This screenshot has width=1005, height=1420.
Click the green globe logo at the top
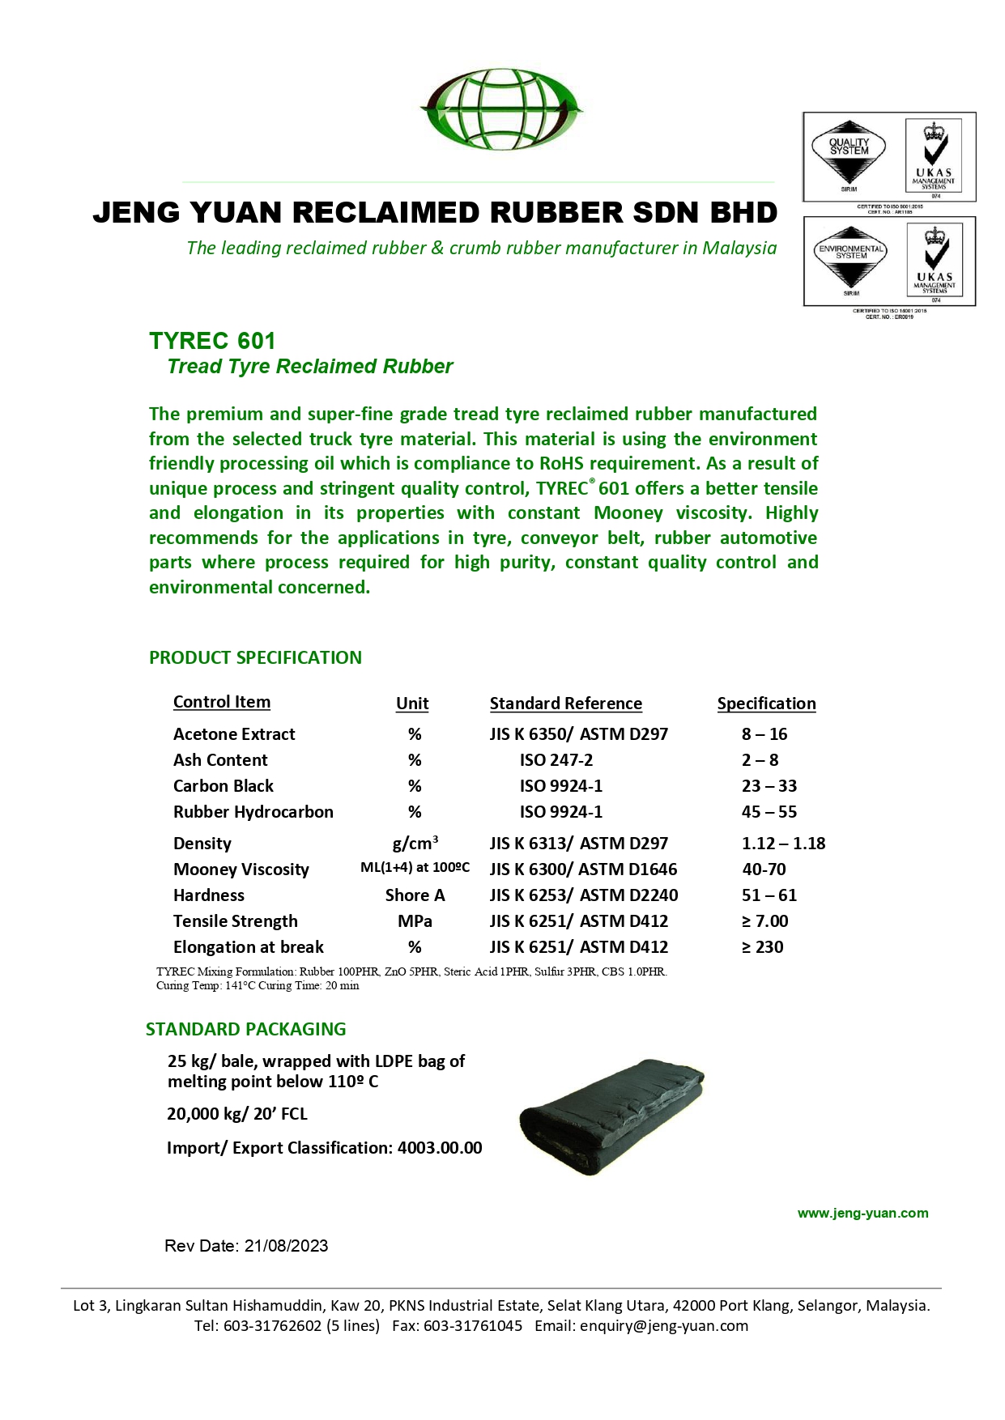pos(502,108)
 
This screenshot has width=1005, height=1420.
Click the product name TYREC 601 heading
pos(212,341)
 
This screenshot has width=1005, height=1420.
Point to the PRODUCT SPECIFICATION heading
pos(255,657)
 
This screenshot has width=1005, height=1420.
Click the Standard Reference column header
pos(565,704)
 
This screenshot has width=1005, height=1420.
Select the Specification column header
pos(766,704)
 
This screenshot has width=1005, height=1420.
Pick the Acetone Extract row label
pos(234,734)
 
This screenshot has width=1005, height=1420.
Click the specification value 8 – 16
pos(764,734)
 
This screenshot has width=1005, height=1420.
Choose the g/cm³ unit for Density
pos(415,843)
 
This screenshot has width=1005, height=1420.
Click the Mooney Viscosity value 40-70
pos(764,869)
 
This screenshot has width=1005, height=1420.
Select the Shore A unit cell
pos(415,895)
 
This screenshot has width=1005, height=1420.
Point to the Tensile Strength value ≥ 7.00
pos(764,921)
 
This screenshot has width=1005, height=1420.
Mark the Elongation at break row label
pos(248,947)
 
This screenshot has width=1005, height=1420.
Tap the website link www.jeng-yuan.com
pos(862,1213)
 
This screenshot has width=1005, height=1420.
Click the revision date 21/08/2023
pos(286,1246)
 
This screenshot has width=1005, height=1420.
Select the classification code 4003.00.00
pos(440,1148)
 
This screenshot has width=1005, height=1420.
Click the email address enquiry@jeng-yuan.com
pos(663,1326)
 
